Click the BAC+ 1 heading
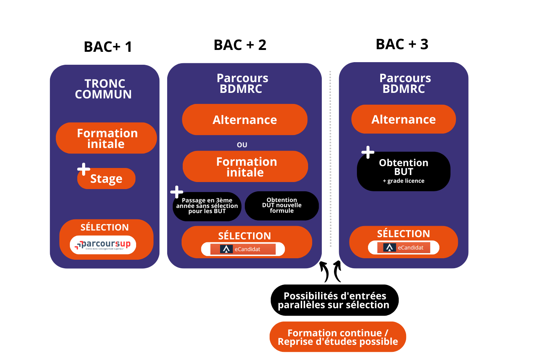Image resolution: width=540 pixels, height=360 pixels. click(108, 47)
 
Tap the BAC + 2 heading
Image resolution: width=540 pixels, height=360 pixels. click(240, 45)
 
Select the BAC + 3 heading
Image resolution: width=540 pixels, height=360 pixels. click(402, 44)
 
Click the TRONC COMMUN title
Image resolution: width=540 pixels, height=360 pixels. click(104, 89)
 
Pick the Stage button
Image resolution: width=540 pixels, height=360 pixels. click(107, 179)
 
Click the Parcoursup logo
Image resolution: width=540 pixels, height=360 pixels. click(103, 245)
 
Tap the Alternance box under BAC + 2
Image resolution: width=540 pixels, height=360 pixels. click(244, 120)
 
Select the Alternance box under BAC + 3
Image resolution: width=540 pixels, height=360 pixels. click(404, 119)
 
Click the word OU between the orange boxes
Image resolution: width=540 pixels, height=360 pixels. click(242, 145)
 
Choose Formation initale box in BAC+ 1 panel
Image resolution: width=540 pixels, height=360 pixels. click(107, 138)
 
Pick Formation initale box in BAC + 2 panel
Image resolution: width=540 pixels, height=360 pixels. click(245, 166)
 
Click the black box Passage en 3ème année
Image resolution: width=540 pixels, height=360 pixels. click(207, 206)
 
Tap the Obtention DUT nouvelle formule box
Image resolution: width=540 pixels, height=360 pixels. click(282, 206)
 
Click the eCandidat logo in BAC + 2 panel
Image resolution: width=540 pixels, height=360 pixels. click(243, 249)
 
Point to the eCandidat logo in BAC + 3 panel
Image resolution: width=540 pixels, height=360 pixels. click(404, 248)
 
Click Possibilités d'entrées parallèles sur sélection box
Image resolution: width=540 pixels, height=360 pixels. click(334, 300)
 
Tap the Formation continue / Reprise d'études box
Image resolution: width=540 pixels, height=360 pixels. click(338, 337)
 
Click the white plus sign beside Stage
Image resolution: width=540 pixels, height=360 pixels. click(84, 169)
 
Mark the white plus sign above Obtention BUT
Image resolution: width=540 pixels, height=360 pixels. click(368, 152)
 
